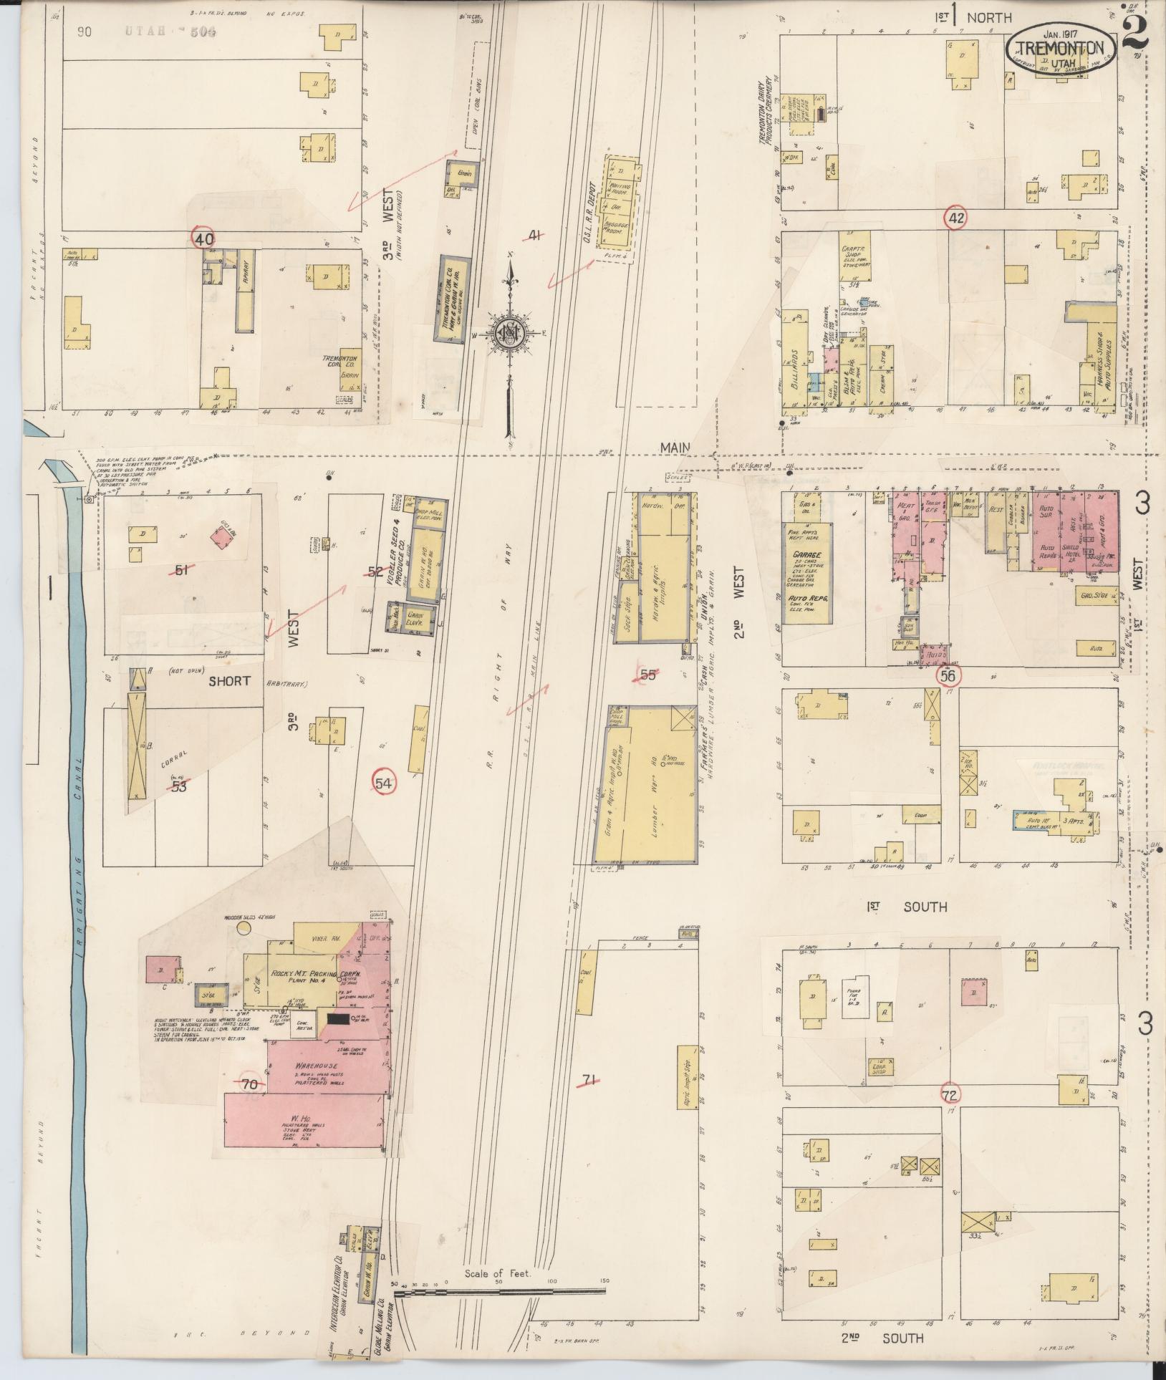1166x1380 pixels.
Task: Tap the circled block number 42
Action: click(x=954, y=218)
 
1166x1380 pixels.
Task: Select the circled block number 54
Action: click(x=385, y=784)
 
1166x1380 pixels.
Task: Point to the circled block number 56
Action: click(x=948, y=675)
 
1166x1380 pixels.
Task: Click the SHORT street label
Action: click(x=230, y=680)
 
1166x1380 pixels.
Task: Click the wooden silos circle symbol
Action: click(x=246, y=928)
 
